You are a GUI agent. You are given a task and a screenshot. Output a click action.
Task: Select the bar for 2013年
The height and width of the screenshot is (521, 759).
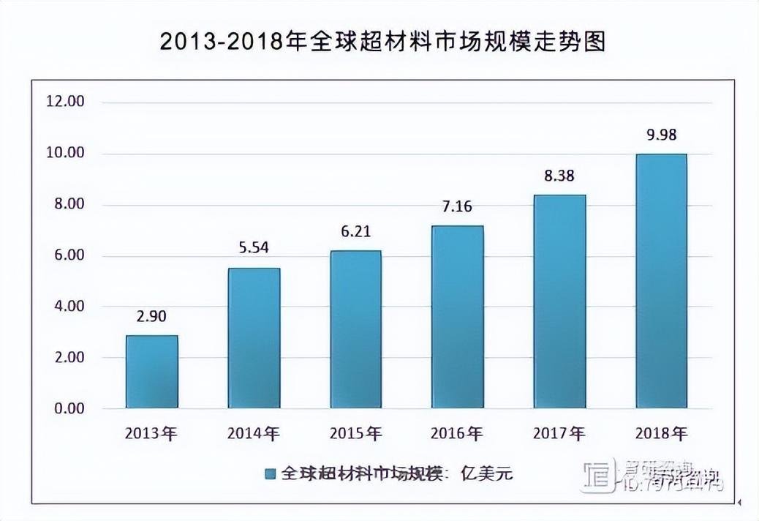[151, 372]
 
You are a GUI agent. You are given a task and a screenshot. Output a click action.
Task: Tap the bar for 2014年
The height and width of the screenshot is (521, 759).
[254, 338]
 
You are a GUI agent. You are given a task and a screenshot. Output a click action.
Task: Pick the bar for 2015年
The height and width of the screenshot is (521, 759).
[355, 329]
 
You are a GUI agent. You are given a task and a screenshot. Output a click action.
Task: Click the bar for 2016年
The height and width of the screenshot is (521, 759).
[457, 317]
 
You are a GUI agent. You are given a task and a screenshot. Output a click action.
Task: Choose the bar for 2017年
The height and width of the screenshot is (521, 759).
[559, 301]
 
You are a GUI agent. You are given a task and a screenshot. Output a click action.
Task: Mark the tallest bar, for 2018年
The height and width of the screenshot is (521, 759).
[661, 281]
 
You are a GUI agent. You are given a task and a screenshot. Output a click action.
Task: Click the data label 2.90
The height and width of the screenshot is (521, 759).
[151, 317]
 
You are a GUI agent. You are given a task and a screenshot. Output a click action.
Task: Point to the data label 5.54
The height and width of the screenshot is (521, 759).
[254, 248]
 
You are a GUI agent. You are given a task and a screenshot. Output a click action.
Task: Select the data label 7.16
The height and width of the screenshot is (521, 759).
[457, 206]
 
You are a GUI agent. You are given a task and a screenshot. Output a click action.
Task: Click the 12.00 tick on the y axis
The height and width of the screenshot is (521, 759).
[66, 102]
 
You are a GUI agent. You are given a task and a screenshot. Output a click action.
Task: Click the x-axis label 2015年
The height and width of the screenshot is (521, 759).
[355, 434]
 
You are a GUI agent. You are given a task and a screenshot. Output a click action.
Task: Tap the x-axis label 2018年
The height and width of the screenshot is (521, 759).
[662, 434]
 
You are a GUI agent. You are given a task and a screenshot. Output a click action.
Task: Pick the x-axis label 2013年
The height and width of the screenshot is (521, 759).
[151, 434]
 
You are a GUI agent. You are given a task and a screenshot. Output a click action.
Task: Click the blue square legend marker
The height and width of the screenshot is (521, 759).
[270, 474]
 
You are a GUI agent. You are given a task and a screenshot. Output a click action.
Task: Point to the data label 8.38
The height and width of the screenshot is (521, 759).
[559, 176]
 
